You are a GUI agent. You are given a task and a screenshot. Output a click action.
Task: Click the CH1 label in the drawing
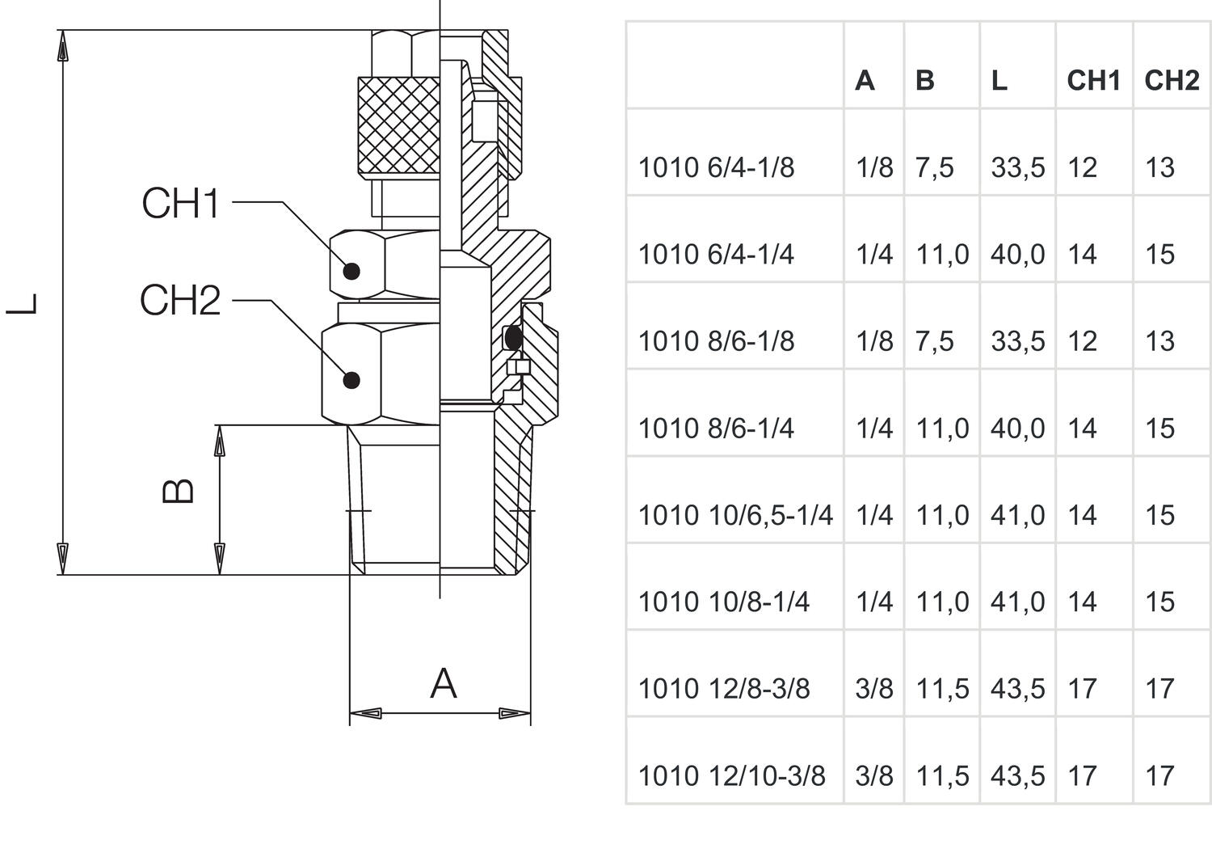click(180, 203)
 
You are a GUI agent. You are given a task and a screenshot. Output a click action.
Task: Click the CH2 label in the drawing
click(179, 301)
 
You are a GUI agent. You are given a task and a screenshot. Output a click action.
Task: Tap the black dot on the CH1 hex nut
click(351, 271)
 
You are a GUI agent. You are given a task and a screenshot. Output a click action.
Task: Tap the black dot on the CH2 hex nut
click(351, 379)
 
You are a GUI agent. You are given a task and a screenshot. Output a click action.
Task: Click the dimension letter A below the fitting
click(443, 684)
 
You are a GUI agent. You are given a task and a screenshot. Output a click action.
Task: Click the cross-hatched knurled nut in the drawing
click(399, 127)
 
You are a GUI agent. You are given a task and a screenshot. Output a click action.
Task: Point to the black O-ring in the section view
click(512, 337)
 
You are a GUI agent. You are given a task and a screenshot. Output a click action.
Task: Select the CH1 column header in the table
click(1093, 81)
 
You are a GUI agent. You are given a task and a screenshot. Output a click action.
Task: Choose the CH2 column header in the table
click(1172, 81)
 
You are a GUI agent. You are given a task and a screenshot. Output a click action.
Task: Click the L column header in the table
click(999, 81)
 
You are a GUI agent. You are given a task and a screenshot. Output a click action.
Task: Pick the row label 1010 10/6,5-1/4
click(735, 515)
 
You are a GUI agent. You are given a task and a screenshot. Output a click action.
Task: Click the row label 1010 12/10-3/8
click(731, 776)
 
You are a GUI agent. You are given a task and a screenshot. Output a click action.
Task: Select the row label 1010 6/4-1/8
click(716, 168)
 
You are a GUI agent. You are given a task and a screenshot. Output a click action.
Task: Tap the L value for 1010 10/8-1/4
click(1017, 602)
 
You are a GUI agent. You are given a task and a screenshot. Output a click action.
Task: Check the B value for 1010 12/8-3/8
click(941, 689)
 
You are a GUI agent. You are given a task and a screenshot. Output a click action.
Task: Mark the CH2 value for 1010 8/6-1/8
click(1159, 341)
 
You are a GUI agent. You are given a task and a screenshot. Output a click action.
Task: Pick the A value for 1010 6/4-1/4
click(874, 255)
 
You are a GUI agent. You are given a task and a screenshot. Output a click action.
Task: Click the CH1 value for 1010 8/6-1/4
click(1082, 429)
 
